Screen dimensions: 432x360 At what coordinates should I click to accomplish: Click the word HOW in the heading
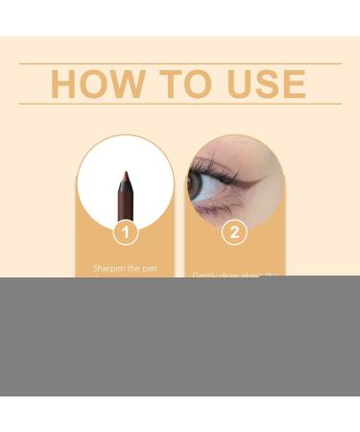(x=92, y=84)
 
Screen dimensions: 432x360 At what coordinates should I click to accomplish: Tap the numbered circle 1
(x=125, y=231)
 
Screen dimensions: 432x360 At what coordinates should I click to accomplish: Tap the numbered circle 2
(x=234, y=231)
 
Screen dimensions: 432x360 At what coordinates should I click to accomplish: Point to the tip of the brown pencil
(x=125, y=175)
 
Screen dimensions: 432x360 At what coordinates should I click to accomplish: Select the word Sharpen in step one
(x=109, y=269)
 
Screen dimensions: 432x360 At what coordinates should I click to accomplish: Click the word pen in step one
(x=149, y=269)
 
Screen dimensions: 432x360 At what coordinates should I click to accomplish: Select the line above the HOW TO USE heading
(x=180, y=63)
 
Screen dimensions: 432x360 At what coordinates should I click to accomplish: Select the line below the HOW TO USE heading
(x=180, y=104)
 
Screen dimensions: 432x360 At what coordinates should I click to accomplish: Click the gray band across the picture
(x=180, y=336)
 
